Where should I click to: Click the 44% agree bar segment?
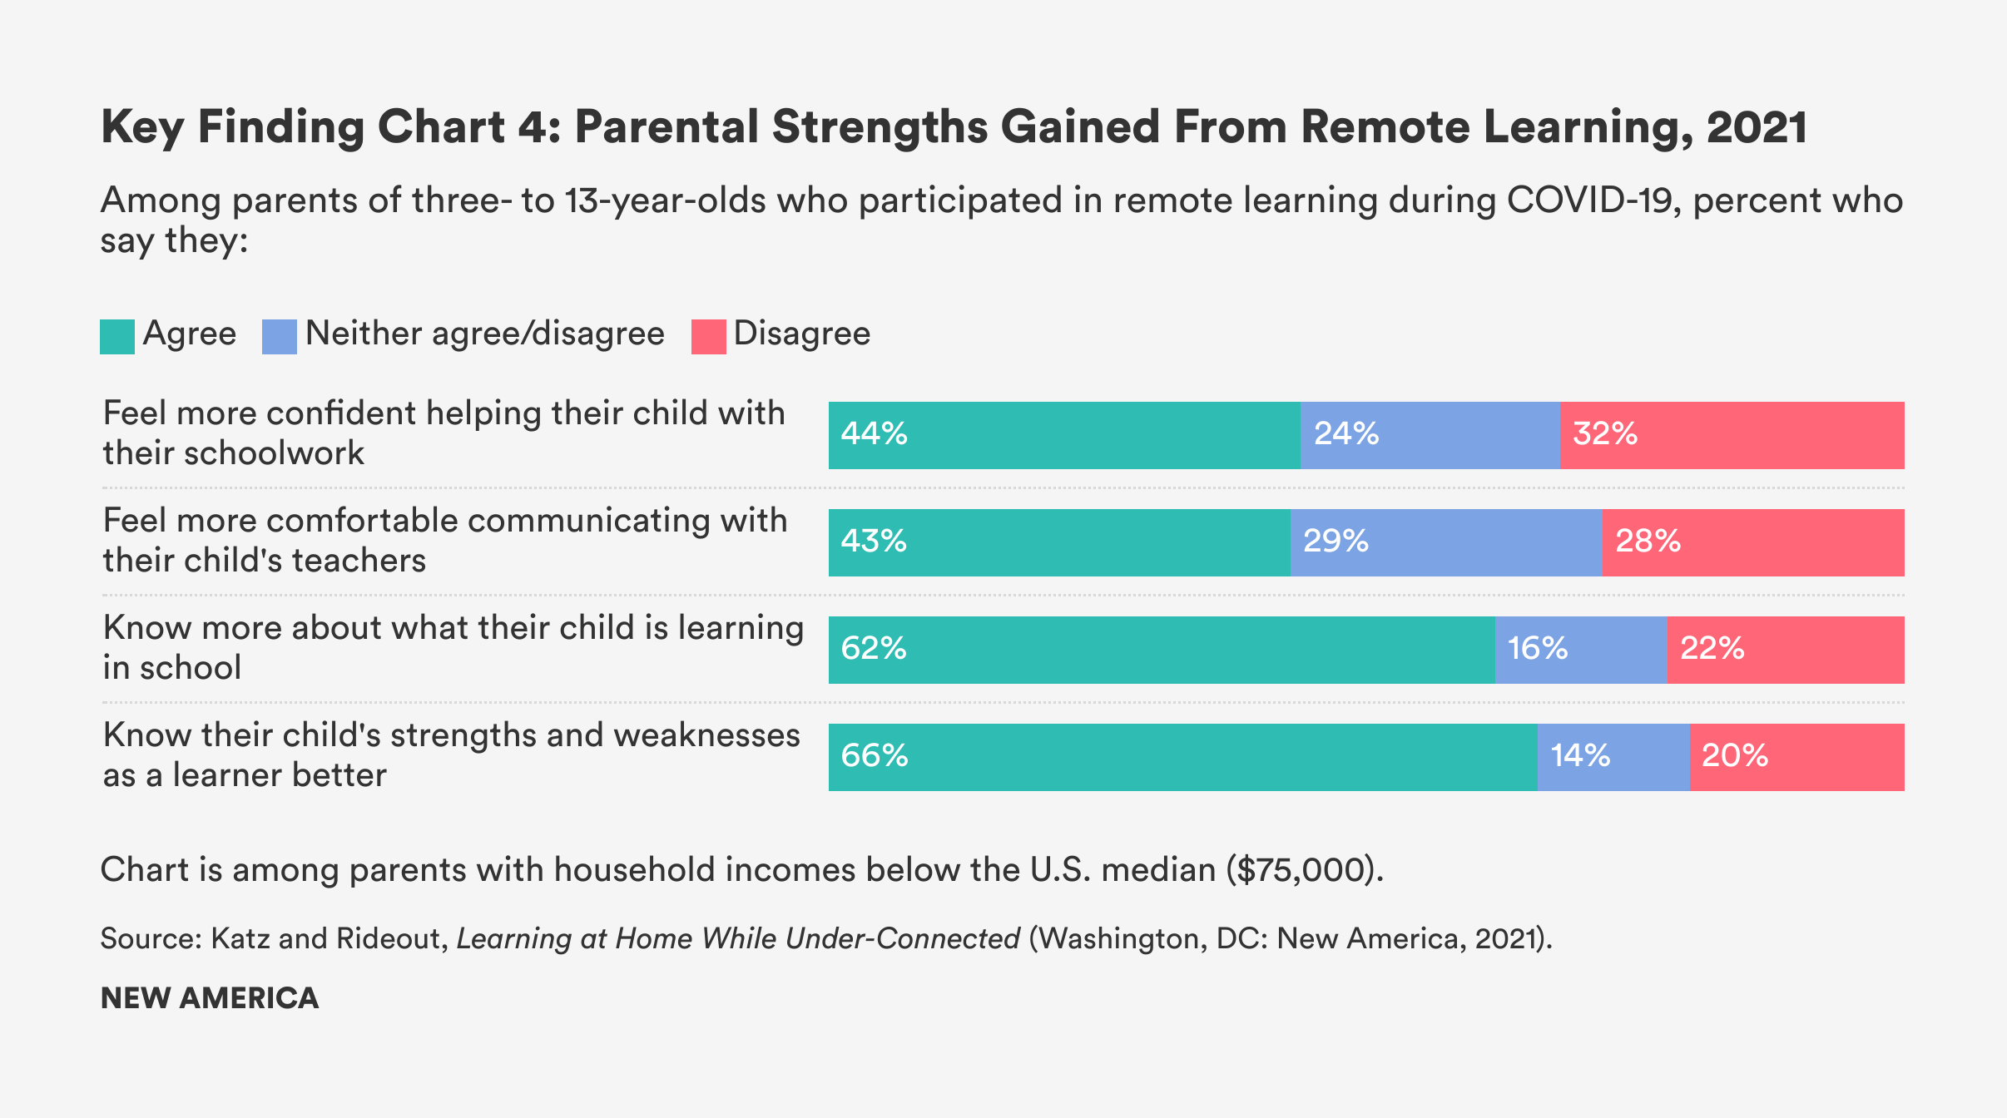coord(1064,435)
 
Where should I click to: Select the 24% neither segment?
coord(1430,435)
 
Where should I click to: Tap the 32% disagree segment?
coord(1732,435)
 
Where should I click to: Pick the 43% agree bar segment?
coord(1059,542)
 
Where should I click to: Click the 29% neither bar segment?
coord(1446,542)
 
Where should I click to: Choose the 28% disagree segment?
coord(1752,542)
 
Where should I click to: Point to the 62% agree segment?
coord(1162,650)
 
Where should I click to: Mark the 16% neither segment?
coord(1580,650)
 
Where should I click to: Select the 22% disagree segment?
coord(1785,650)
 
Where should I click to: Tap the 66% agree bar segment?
coord(1182,757)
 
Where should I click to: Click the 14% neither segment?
coord(1613,757)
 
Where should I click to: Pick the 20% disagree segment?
coord(1796,757)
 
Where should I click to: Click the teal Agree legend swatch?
coord(117,336)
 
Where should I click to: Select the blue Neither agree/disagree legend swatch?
coord(279,336)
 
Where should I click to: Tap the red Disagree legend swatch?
coord(708,336)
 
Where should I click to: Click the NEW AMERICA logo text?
coord(210,998)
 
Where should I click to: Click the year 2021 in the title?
coord(1757,127)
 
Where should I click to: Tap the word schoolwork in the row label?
coord(274,453)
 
